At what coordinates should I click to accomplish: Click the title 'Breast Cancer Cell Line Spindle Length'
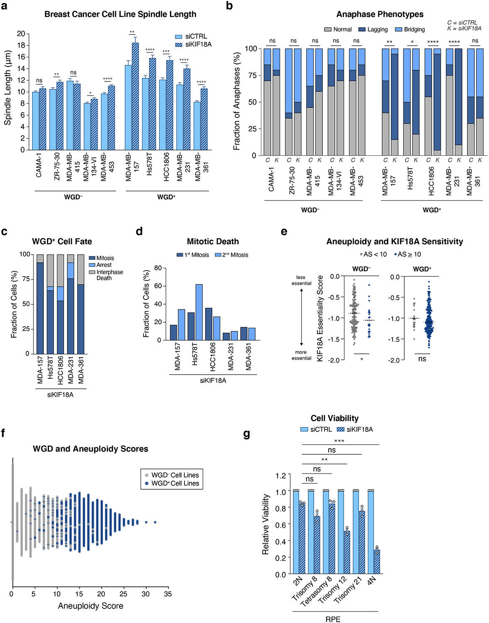[120, 14]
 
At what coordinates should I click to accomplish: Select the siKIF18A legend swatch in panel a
[179, 44]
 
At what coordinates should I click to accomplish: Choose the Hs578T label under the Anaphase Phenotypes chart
[410, 178]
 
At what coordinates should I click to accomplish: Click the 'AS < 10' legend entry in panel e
[373, 254]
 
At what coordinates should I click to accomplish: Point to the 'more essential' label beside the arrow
[301, 355]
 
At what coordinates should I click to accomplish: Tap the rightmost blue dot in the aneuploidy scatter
[155, 522]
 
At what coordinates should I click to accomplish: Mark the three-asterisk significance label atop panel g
[339, 441]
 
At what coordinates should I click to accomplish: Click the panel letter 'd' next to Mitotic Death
[139, 231]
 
